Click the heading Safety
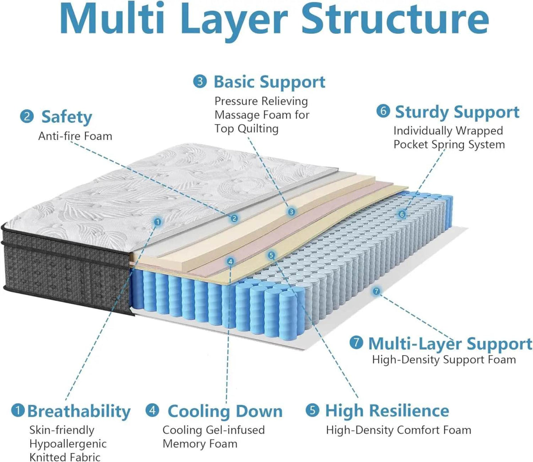click(67, 117)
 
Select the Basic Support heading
click(269, 82)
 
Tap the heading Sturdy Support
click(457, 112)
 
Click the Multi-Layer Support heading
click(449, 343)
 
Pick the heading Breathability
click(79, 411)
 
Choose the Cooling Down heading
click(225, 411)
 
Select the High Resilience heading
click(387, 411)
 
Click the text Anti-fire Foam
click(75, 136)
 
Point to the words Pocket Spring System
click(449, 145)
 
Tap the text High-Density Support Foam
click(444, 360)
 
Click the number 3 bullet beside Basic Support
click(200, 81)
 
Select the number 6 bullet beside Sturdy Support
click(382, 111)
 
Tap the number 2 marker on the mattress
click(234, 218)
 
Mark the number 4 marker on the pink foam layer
click(230, 262)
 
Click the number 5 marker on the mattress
click(271, 255)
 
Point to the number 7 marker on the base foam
click(376, 291)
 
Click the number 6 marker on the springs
click(402, 214)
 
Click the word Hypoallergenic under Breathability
click(68, 444)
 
